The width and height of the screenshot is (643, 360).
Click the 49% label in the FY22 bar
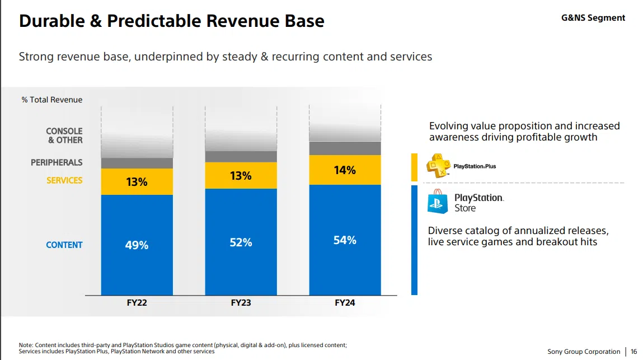[137, 245]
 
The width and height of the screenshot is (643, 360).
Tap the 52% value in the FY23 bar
[241, 242]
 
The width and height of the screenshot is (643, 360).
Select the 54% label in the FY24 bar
[345, 240]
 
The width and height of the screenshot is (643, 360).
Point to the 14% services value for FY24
[345, 170]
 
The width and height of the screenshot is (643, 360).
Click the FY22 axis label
[137, 303]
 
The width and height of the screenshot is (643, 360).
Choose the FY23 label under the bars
[241, 303]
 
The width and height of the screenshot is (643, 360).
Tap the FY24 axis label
[345, 303]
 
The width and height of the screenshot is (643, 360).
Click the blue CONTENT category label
[64, 245]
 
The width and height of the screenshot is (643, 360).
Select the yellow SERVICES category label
[64, 180]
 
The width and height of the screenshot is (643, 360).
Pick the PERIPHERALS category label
[57, 162]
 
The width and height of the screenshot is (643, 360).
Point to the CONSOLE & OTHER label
[64, 135]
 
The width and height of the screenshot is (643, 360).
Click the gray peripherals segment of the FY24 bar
[345, 148]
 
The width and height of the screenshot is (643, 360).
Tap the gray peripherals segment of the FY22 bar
[137, 163]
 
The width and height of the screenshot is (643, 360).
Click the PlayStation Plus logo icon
[438, 166]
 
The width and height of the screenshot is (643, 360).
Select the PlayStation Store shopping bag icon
[438, 202]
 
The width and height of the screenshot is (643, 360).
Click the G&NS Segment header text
[593, 18]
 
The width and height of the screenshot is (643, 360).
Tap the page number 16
[633, 352]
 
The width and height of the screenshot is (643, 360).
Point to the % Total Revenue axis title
[52, 100]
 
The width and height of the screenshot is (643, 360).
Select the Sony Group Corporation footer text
[584, 352]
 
